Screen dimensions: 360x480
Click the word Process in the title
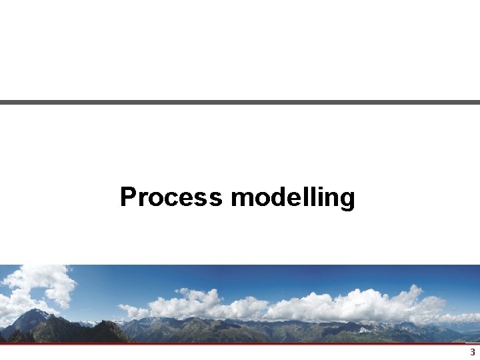click(x=171, y=197)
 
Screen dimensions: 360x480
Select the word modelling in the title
click(x=293, y=198)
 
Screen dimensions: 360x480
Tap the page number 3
click(x=473, y=352)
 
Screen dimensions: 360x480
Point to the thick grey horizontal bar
click(x=240, y=102)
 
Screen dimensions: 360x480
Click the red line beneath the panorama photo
click(x=240, y=344)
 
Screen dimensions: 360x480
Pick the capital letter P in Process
click(x=127, y=197)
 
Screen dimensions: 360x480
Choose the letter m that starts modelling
click(x=241, y=199)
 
